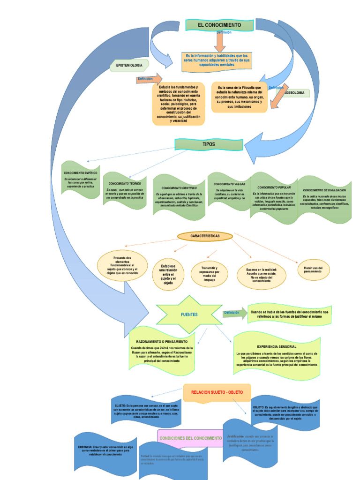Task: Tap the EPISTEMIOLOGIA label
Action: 129,65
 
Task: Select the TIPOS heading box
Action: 209,144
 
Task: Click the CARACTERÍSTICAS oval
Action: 205,236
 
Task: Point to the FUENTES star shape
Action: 189,315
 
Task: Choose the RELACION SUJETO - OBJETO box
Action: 217,392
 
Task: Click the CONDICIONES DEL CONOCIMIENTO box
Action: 190,438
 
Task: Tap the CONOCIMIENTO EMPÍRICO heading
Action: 81,173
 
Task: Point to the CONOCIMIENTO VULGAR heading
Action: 229,184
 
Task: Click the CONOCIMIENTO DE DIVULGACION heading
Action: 324,190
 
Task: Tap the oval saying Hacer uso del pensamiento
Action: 313,270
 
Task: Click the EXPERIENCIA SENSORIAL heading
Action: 277,346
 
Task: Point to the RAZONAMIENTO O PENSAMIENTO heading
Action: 161,342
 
